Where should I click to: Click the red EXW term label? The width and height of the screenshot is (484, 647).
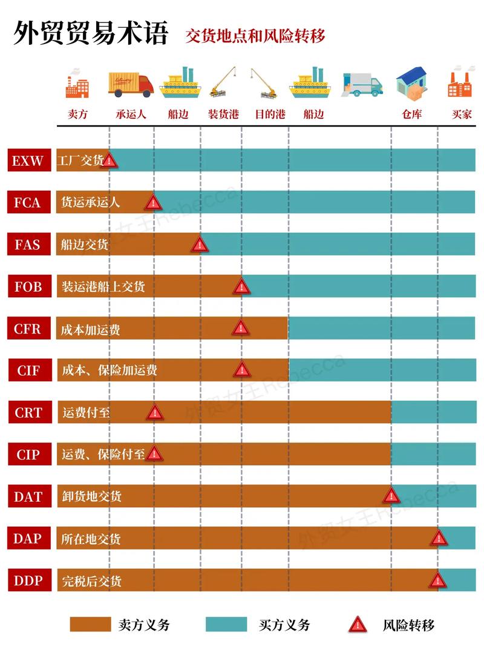coord(28,160)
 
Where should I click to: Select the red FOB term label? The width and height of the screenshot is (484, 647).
coord(28,286)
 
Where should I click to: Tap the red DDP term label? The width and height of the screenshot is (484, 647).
coord(28,581)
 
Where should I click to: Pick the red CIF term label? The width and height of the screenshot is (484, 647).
coord(28,370)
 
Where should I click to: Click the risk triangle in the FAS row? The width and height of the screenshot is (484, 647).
coord(200,245)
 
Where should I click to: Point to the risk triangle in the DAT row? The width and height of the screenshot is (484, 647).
coord(391,496)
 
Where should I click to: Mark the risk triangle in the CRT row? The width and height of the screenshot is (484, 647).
coord(155,413)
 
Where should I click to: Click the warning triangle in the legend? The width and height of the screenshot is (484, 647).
coord(358,625)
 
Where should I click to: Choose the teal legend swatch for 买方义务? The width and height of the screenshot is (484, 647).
coord(226,625)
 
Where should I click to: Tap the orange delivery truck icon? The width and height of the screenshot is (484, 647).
coord(131,85)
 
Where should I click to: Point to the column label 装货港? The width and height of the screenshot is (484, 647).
coord(223,114)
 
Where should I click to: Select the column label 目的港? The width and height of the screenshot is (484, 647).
coord(270,114)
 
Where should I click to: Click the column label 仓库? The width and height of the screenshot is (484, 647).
coord(412,114)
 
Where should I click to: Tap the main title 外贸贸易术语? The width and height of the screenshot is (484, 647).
coord(90,33)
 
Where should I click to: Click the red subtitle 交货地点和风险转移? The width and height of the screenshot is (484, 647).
coord(255,36)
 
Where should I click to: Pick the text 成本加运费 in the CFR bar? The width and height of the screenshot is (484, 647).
coord(91,329)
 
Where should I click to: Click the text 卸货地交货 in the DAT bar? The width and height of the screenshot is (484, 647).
coord(92,496)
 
